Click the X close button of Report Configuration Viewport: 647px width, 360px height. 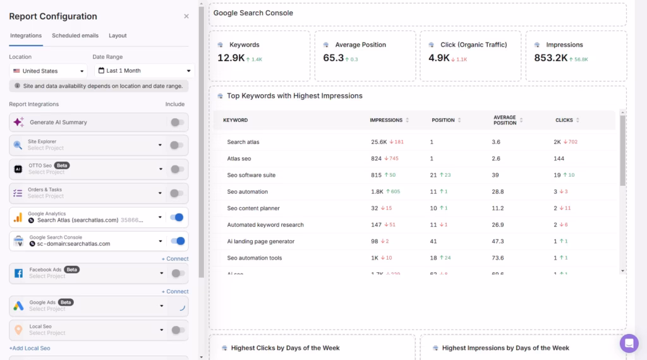186,16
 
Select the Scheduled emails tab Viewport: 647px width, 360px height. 75,36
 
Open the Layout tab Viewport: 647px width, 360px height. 118,36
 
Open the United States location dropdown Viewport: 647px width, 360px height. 48,71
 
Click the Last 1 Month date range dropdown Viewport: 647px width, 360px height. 144,71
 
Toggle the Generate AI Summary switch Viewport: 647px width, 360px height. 178,123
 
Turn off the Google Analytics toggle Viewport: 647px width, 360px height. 178,217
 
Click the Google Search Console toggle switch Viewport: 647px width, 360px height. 178,241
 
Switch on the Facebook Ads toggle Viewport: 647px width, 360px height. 178,273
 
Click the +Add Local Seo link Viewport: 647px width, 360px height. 30,348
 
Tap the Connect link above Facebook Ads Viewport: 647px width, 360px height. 175,259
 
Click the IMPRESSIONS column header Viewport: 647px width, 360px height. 386,120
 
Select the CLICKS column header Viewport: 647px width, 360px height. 564,120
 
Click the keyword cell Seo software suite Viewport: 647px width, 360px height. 251,175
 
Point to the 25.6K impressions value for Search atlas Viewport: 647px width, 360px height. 379,142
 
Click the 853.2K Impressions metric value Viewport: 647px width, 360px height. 550,58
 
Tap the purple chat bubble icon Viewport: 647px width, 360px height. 629,343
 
